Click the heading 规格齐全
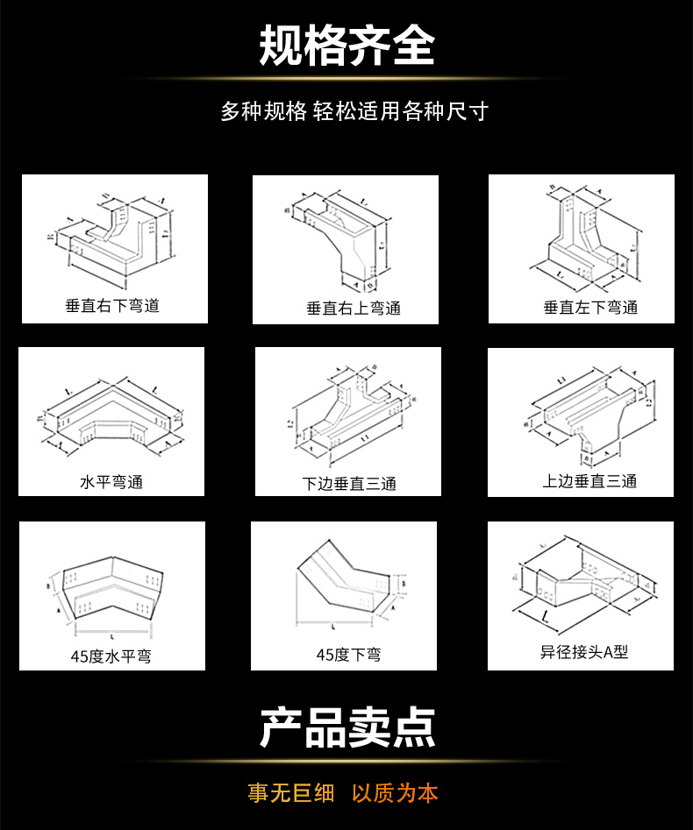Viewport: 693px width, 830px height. pos(346,46)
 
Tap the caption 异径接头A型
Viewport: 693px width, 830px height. pos(584,652)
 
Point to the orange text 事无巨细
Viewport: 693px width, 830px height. pos(291,793)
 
